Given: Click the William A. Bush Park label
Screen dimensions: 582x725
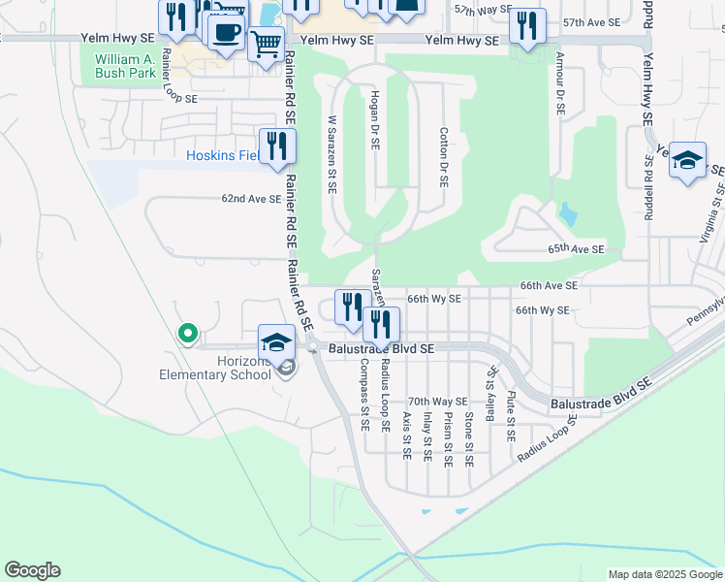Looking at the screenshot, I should point(125,66).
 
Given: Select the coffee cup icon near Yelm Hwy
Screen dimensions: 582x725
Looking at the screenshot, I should point(226,32).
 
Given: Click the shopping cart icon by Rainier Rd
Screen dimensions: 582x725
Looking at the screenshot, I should point(265,43).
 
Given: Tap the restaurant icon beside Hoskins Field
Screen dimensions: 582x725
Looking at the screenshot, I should point(277,145).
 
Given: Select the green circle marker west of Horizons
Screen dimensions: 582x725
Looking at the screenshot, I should point(188,334).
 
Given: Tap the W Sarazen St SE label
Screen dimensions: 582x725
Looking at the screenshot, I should point(331,155).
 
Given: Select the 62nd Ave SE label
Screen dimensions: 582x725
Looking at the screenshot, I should point(251,198).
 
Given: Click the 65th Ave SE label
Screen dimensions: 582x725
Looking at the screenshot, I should point(576,249).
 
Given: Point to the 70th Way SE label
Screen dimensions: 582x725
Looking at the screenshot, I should point(437,401).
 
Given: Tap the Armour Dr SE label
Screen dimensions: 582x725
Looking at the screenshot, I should point(560,84).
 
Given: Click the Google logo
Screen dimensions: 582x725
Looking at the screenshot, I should point(33,570).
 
